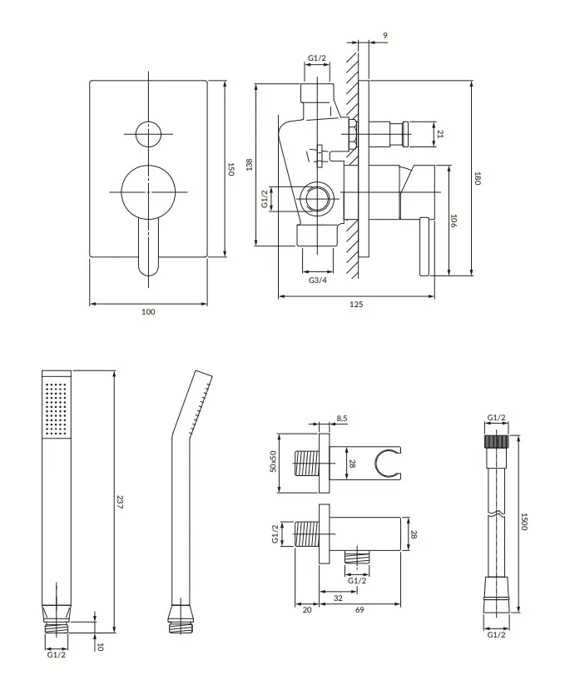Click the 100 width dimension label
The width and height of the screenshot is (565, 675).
(149, 312)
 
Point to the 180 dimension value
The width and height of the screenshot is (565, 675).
(478, 178)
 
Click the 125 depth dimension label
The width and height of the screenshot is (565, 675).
(355, 305)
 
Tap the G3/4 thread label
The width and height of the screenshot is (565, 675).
(317, 280)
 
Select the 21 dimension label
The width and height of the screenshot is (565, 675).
(440, 133)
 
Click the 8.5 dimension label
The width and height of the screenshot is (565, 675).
(342, 419)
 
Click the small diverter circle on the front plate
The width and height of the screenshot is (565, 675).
(149, 133)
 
